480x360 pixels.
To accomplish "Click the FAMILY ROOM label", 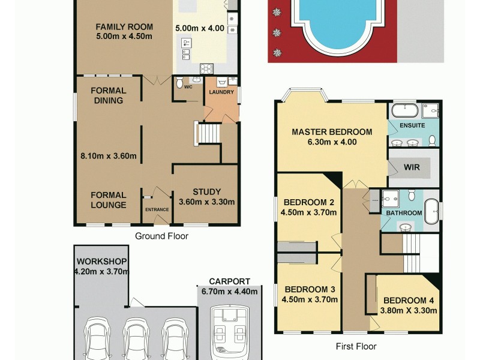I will [124, 26].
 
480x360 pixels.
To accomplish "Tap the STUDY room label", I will [207, 192].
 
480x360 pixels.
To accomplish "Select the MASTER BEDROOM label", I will [332, 132].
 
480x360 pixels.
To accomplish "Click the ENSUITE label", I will [412, 125].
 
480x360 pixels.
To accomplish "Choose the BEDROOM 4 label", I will [408, 301].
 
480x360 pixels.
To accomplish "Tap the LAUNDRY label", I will [221, 92].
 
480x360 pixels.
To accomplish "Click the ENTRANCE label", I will [157, 209].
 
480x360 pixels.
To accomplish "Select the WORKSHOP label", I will [101, 261].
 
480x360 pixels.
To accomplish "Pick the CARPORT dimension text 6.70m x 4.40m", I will [229, 292].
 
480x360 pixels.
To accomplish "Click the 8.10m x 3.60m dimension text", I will [109, 157].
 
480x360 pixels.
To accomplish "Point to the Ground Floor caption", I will [161, 236].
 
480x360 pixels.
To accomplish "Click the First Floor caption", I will [357, 346].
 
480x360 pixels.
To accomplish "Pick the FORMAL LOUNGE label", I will [109, 200].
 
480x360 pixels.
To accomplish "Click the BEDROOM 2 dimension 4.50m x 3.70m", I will [308, 211].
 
